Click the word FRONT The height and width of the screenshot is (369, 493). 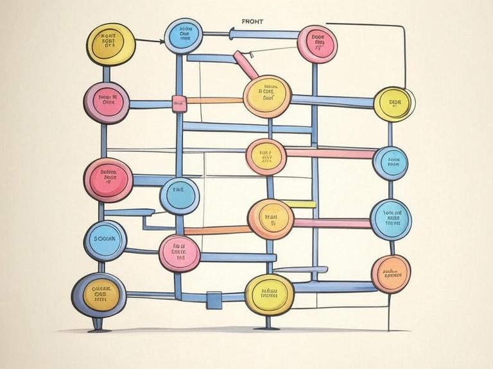(252, 21)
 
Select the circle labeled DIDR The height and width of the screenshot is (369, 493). (394, 103)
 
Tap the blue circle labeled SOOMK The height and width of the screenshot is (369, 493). (105, 240)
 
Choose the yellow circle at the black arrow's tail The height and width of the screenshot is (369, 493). (111, 44)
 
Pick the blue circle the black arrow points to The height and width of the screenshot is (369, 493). (184, 35)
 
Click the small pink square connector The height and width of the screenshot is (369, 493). (178, 101)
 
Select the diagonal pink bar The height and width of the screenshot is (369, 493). (245, 66)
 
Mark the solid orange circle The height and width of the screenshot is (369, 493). (391, 274)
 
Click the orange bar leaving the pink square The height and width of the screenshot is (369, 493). (212, 101)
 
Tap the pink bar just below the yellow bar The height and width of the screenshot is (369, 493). (331, 224)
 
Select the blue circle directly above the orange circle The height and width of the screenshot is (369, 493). (391, 219)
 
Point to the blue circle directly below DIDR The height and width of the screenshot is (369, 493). (390, 162)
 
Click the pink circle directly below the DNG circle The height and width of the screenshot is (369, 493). (179, 252)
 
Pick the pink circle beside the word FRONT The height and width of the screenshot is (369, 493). (318, 44)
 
